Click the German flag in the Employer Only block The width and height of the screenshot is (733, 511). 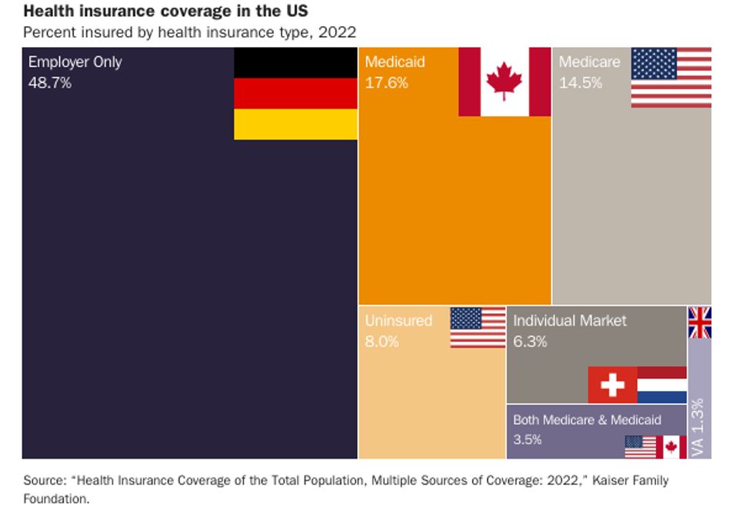pyautogui.click(x=295, y=93)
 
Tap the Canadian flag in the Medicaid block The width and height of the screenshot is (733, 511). pyautogui.click(x=505, y=81)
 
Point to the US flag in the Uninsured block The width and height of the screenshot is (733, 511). pyautogui.click(x=477, y=327)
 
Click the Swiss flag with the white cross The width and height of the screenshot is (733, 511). pyautogui.click(x=612, y=385)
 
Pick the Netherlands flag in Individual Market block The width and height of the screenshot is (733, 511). pyautogui.click(x=662, y=385)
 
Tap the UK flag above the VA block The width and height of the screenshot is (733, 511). pyautogui.click(x=700, y=322)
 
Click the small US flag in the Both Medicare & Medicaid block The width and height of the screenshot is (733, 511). pyautogui.click(x=640, y=447)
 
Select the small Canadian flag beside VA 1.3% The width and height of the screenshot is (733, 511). pyautogui.click(x=671, y=447)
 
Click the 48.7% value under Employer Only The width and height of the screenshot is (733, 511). pyautogui.click(x=49, y=82)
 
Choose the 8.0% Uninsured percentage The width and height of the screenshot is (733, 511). pyautogui.click(x=381, y=341)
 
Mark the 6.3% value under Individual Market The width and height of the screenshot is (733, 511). pyautogui.click(x=530, y=341)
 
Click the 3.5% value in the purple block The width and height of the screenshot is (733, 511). pyautogui.click(x=528, y=440)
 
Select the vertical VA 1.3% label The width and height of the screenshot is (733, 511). pyautogui.click(x=698, y=427)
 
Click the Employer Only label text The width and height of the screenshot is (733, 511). pyautogui.click(x=75, y=62)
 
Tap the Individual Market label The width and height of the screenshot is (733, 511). pyautogui.click(x=569, y=321)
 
